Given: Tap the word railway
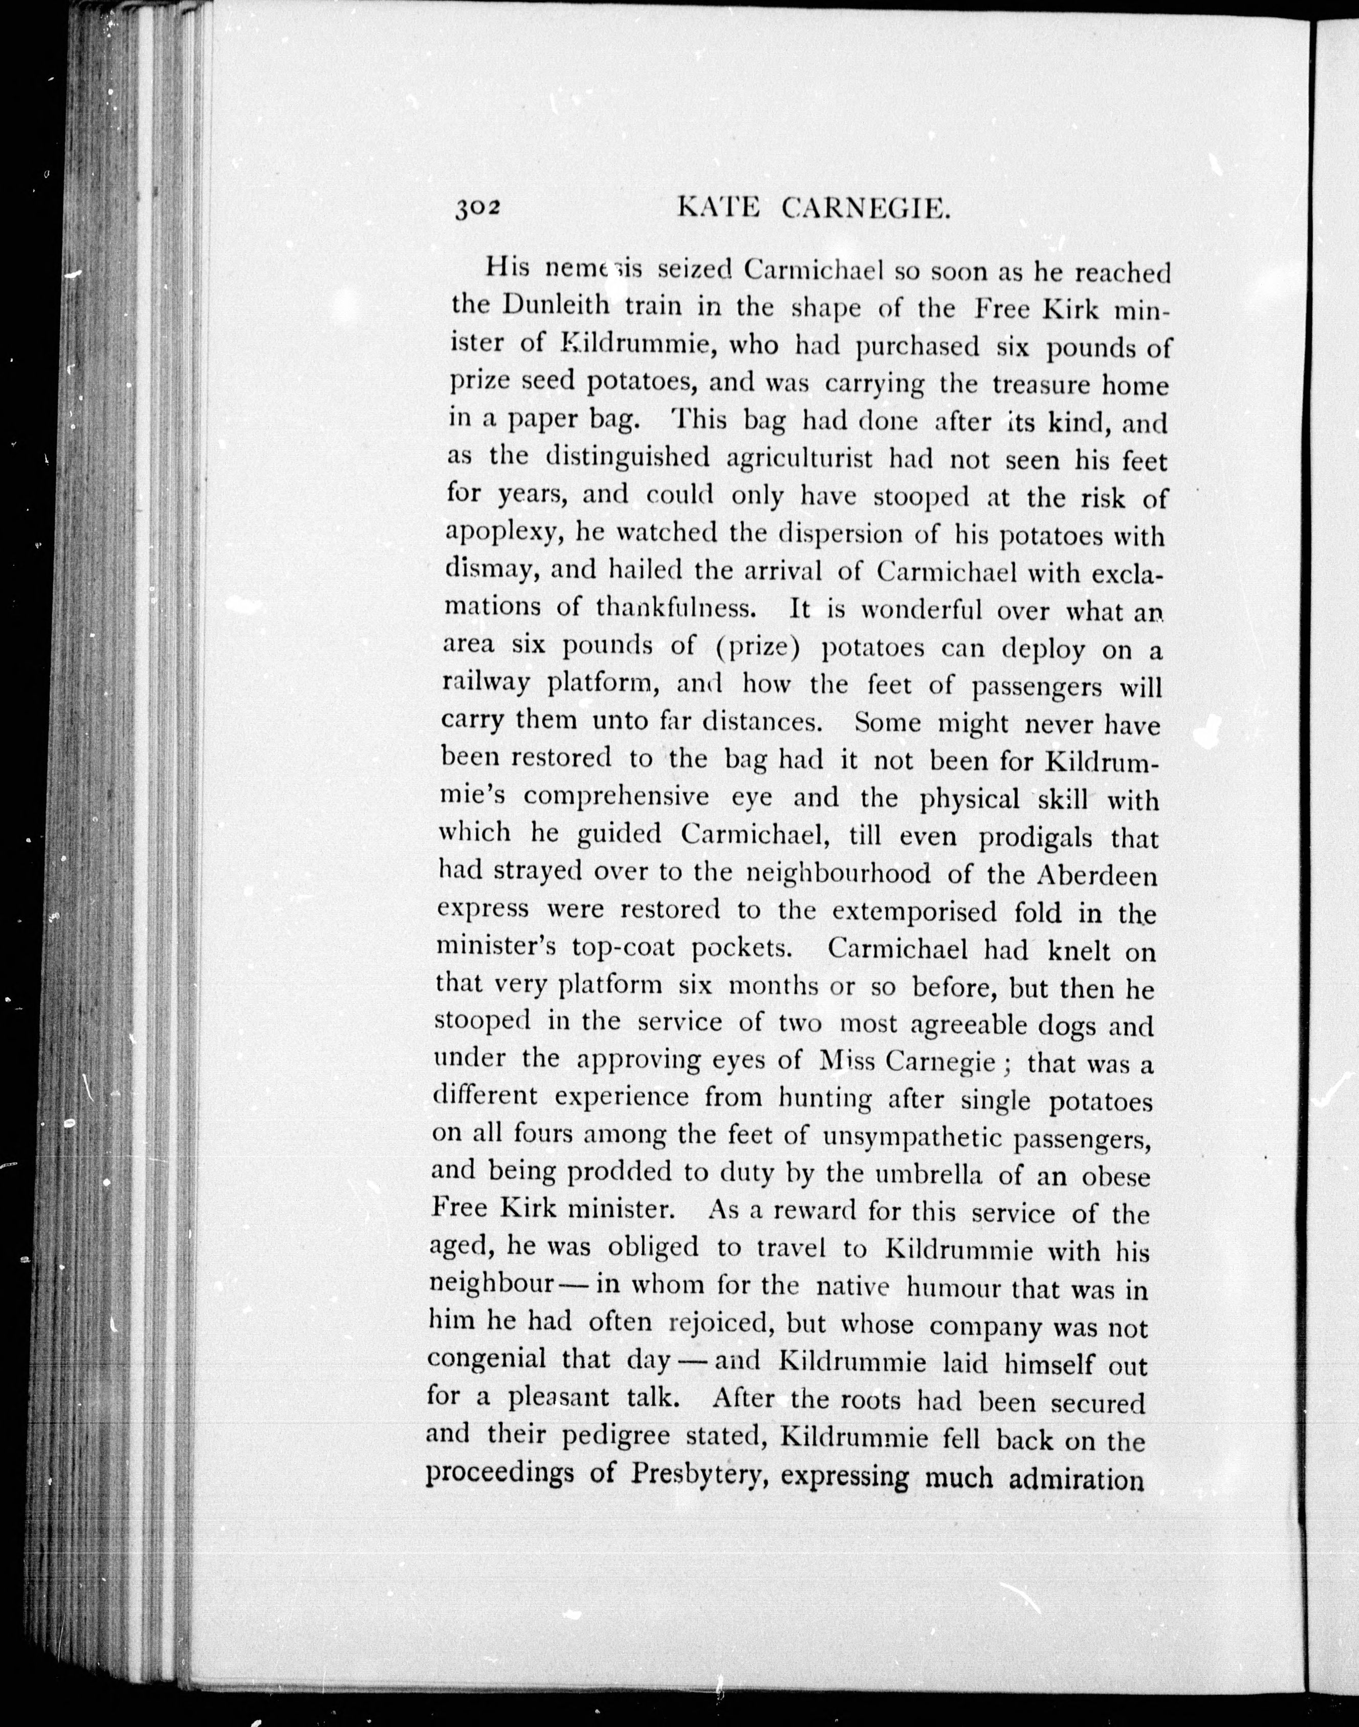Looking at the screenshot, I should click(486, 684).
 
